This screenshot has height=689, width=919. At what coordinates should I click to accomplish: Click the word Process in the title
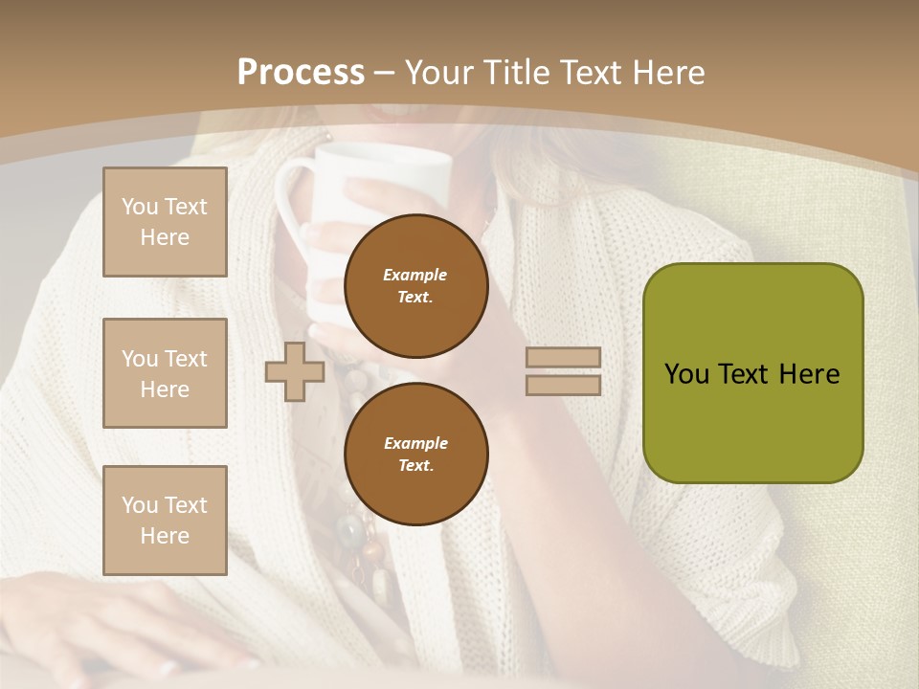tap(301, 73)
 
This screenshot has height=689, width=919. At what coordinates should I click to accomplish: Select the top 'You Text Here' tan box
tap(165, 222)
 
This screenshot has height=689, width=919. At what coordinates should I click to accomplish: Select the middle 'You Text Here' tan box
tap(165, 373)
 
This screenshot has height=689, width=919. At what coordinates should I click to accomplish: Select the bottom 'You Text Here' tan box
tap(165, 520)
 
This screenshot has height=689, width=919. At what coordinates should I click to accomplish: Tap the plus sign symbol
tap(295, 371)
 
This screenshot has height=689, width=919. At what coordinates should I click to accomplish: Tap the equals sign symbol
tap(563, 371)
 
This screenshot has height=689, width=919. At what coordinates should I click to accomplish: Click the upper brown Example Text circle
tap(416, 286)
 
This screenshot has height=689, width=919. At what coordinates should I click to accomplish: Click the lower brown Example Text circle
tap(416, 455)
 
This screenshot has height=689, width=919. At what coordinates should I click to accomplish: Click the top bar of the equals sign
tap(563, 358)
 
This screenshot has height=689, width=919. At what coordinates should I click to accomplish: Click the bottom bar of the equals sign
tap(563, 385)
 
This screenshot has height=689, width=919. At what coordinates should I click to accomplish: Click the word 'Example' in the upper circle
tap(415, 275)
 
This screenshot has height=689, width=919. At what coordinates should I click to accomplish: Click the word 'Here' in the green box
tap(809, 374)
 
